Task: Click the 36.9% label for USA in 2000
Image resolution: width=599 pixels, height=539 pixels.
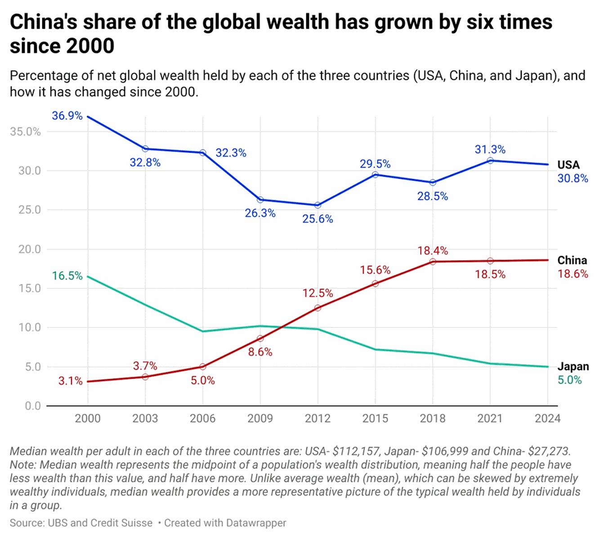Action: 67,116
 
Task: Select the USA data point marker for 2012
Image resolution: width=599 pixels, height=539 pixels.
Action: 318,205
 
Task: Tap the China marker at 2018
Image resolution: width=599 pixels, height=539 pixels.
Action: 433,261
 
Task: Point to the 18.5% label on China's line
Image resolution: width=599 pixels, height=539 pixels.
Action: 490,274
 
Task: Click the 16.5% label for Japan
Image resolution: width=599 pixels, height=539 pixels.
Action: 67,276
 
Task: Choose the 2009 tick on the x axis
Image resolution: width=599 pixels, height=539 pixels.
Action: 260,419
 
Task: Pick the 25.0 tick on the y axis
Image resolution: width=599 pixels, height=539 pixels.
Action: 30,210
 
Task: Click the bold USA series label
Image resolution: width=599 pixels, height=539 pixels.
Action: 568,165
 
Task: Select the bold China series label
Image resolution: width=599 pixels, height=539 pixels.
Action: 572,260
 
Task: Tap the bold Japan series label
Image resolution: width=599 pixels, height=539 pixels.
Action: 573,366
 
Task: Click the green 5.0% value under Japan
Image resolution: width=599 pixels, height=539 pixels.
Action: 569,380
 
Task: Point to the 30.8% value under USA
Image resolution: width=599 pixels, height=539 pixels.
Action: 572,178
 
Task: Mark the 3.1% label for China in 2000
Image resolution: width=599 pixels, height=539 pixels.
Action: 71,381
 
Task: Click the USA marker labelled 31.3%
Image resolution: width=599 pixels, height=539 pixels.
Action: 490,160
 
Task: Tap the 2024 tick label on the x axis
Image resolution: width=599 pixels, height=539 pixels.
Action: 548,419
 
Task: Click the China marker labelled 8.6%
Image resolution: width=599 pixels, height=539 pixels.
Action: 260,338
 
